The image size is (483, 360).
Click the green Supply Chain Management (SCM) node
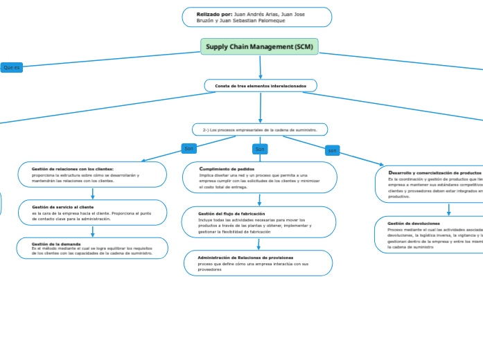click(259, 46)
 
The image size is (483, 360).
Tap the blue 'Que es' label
click(12, 67)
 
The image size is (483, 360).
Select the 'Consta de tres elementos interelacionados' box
click(261, 86)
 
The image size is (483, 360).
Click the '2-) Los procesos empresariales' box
click(260, 129)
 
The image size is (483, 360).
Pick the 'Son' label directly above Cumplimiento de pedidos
click(260, 149)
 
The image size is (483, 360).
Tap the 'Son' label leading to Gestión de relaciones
click(188, 148)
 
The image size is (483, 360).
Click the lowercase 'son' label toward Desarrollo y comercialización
click(333, 150)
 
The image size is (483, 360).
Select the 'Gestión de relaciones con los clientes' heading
click(73, 169)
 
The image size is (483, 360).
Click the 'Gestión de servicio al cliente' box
click(92, 213)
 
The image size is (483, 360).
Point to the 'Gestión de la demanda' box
click(92, 248)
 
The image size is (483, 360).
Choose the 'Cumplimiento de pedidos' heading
click(227, 169)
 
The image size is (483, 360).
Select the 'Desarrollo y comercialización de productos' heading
click(434, 172)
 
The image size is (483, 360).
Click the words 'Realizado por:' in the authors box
click(214, 14)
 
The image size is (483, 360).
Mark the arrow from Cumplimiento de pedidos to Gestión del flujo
click(260, 200)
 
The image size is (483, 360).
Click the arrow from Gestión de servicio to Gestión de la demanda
click(92, 232)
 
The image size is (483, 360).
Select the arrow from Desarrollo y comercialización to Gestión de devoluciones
click(448, 210)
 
